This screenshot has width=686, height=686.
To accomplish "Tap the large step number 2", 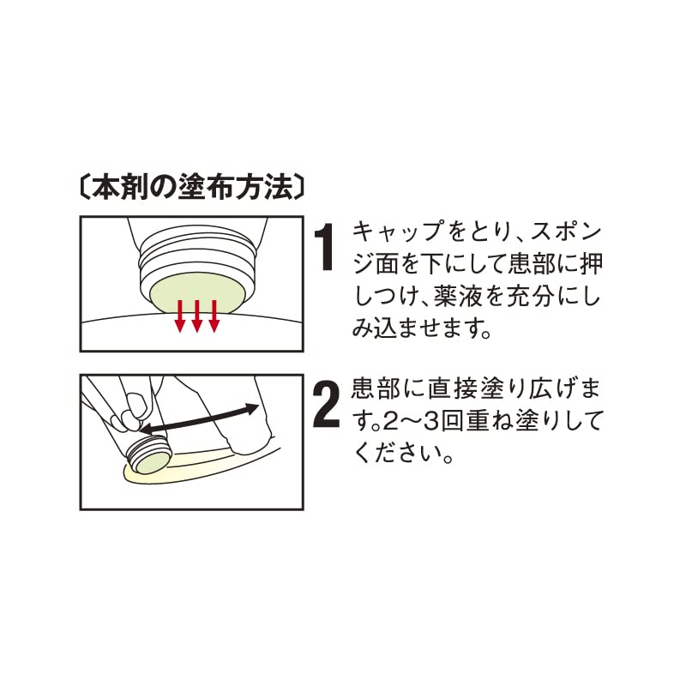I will pyautogui.click(x=327, y=405).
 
